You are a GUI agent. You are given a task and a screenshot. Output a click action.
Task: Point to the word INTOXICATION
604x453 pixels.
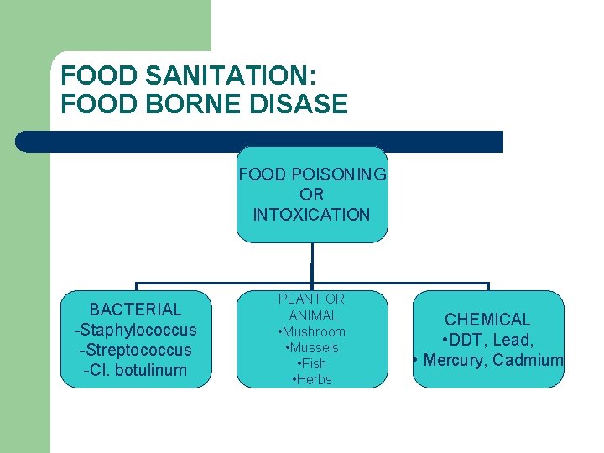click(311, 215)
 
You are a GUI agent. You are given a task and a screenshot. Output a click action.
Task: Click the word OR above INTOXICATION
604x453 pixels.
click(311, 195)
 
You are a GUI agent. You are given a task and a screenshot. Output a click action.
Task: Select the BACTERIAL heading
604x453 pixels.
click(135, 310)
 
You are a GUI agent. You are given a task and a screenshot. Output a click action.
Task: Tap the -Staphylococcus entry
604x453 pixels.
click(135, 330)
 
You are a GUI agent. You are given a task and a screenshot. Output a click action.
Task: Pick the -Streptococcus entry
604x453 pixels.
click(135, 350)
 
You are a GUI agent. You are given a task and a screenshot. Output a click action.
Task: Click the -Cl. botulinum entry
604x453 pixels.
click(135, 370)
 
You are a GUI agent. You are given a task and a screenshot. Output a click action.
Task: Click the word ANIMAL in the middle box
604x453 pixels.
click(313, 315)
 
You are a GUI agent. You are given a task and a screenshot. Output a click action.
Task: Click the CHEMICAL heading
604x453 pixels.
click(487, 320)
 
